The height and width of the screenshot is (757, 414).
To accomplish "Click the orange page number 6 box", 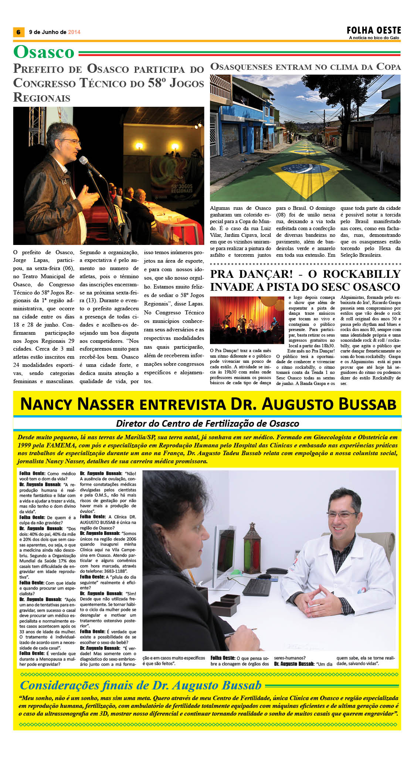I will pyautogui.click(x=18, y=32).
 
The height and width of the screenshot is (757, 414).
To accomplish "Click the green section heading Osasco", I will pyautogui.click(x=44, y=52).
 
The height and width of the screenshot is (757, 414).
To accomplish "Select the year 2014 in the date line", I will pyautogui.click(x=74, y=32).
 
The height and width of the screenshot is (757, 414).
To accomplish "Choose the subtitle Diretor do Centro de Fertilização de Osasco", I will pyautogui.click(x=207, y=423).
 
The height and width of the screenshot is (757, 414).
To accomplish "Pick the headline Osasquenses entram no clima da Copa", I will pyautogui.click(x=305, y=67).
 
